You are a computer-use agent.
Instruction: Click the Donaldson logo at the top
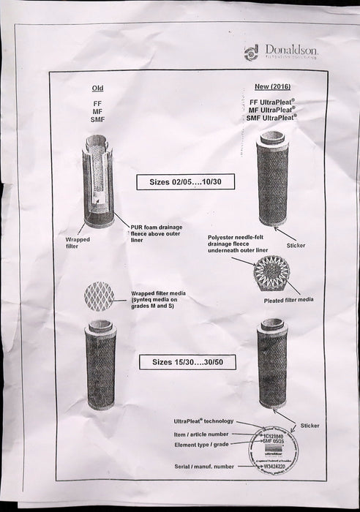tap(281, 50)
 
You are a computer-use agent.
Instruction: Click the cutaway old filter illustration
tap(98, 180)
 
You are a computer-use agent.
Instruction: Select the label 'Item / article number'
tap(203, 434)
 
